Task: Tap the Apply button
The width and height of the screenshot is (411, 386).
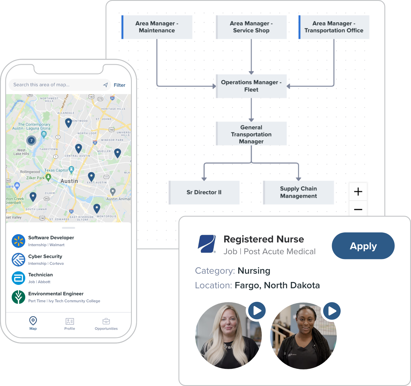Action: tap(363, 246)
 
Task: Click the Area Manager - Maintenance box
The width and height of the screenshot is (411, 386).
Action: tap(157, 27)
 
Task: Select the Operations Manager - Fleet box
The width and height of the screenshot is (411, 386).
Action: tap(251, 86)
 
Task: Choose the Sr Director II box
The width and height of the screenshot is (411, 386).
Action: tap(204, 192)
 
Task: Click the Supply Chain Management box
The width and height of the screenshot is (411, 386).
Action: tap(298, 192)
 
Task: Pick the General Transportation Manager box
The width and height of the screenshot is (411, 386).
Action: tap(251, 134)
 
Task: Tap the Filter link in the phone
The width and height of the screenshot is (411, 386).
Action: tap(119, 85)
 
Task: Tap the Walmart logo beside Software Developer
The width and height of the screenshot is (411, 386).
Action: tap(19, 241)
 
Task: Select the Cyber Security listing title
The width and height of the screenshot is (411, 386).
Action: tap(45, 256)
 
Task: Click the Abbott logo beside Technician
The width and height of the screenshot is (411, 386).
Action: tap(19, 278)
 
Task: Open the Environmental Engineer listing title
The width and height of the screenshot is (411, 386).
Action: tap(56, 294)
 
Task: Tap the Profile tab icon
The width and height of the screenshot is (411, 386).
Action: tap(70, 321)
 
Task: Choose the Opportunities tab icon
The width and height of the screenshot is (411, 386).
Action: tap(106, 321)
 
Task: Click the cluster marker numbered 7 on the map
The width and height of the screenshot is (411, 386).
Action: tap(31, 140)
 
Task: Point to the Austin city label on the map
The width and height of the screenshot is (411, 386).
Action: tap(69, 181)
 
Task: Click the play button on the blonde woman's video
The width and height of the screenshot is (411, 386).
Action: tap(257, 311)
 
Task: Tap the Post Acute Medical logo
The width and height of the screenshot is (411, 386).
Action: tap(207, 244)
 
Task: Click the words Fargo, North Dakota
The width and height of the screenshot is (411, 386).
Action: tap(277, 285)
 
